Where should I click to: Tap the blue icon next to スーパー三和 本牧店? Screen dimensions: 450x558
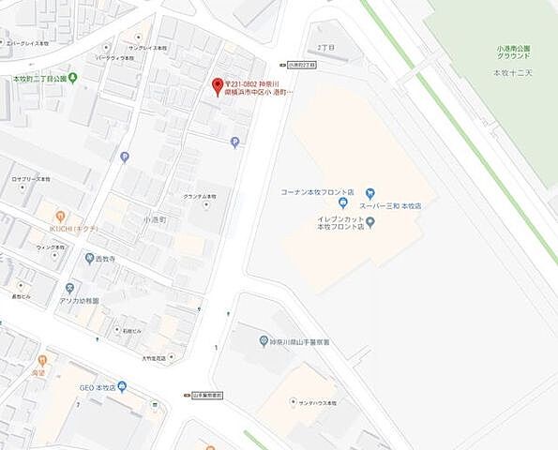(x=343, y=203)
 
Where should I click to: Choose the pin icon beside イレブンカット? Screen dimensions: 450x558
(x=370, y=222)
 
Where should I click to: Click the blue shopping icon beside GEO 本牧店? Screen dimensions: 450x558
(x=122, y=386)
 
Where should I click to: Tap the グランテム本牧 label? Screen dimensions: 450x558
(x=199, y=196)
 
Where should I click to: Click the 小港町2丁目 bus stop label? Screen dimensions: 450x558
(x=303, y=65)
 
